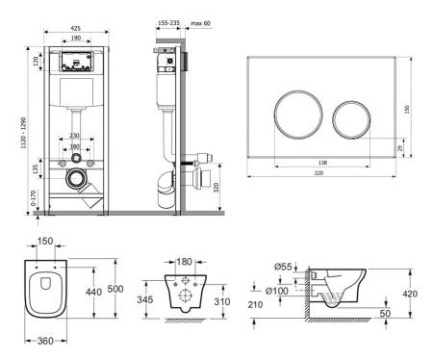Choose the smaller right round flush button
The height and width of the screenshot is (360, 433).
(x=350, y=116)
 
